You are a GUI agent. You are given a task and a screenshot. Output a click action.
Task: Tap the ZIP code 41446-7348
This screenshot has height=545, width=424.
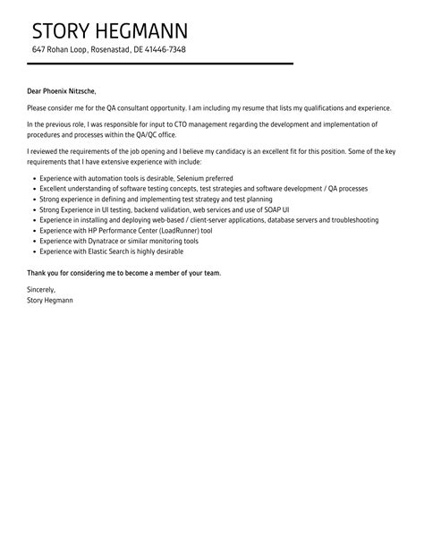tap(165, 49)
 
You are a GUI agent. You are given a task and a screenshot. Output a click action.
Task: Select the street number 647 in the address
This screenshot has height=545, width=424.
tap(38, 49)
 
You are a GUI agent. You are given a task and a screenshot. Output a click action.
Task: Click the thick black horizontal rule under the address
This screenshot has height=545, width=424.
tap(161, 64)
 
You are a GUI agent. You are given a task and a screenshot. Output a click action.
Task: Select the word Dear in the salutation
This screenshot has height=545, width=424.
tap(37, 90)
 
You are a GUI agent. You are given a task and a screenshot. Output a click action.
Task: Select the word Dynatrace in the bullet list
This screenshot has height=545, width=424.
tap(103, 240)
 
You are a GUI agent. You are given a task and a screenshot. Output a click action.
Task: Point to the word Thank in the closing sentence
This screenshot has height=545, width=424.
tap(38, 272)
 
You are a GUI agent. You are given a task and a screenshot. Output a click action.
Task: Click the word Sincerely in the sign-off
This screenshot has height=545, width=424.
tap(41, 290)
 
